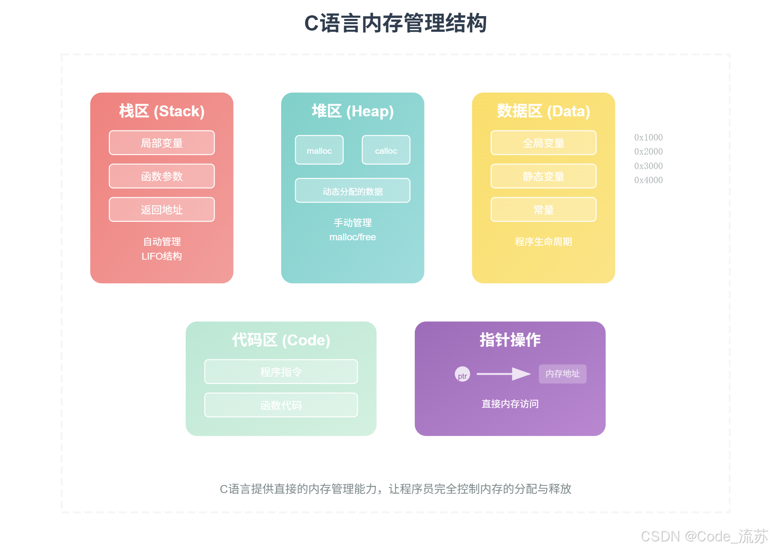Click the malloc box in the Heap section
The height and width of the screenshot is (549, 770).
coord(319,150)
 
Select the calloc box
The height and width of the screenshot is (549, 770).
coord(386,150)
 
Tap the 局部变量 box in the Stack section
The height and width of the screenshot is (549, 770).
coord(161,142)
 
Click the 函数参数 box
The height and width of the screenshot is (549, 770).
coord(161,176)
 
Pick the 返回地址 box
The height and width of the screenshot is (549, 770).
coord(161,209)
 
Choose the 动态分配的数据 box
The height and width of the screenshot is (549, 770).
coord(352,190)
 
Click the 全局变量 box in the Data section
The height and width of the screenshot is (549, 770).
coord(543,142)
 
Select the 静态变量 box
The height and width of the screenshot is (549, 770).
coord(543,176)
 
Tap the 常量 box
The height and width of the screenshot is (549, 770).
coord(543,209)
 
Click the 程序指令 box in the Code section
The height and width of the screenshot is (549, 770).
coord(281,372)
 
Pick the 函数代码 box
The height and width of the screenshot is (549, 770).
coord(281,405)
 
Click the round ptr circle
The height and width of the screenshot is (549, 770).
coord(462,374)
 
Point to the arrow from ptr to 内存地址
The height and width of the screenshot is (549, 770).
coord(503,374)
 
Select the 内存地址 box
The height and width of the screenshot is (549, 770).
coord(562,374)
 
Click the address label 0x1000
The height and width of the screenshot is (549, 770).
coord(648,137)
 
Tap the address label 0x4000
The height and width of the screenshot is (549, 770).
coord(648,180)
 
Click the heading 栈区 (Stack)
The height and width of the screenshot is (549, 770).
coord(161,111)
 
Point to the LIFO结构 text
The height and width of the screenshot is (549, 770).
coord(161,256)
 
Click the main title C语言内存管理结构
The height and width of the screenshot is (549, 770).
coord(395,23)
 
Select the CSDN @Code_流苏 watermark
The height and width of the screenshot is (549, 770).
coord(704,536)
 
